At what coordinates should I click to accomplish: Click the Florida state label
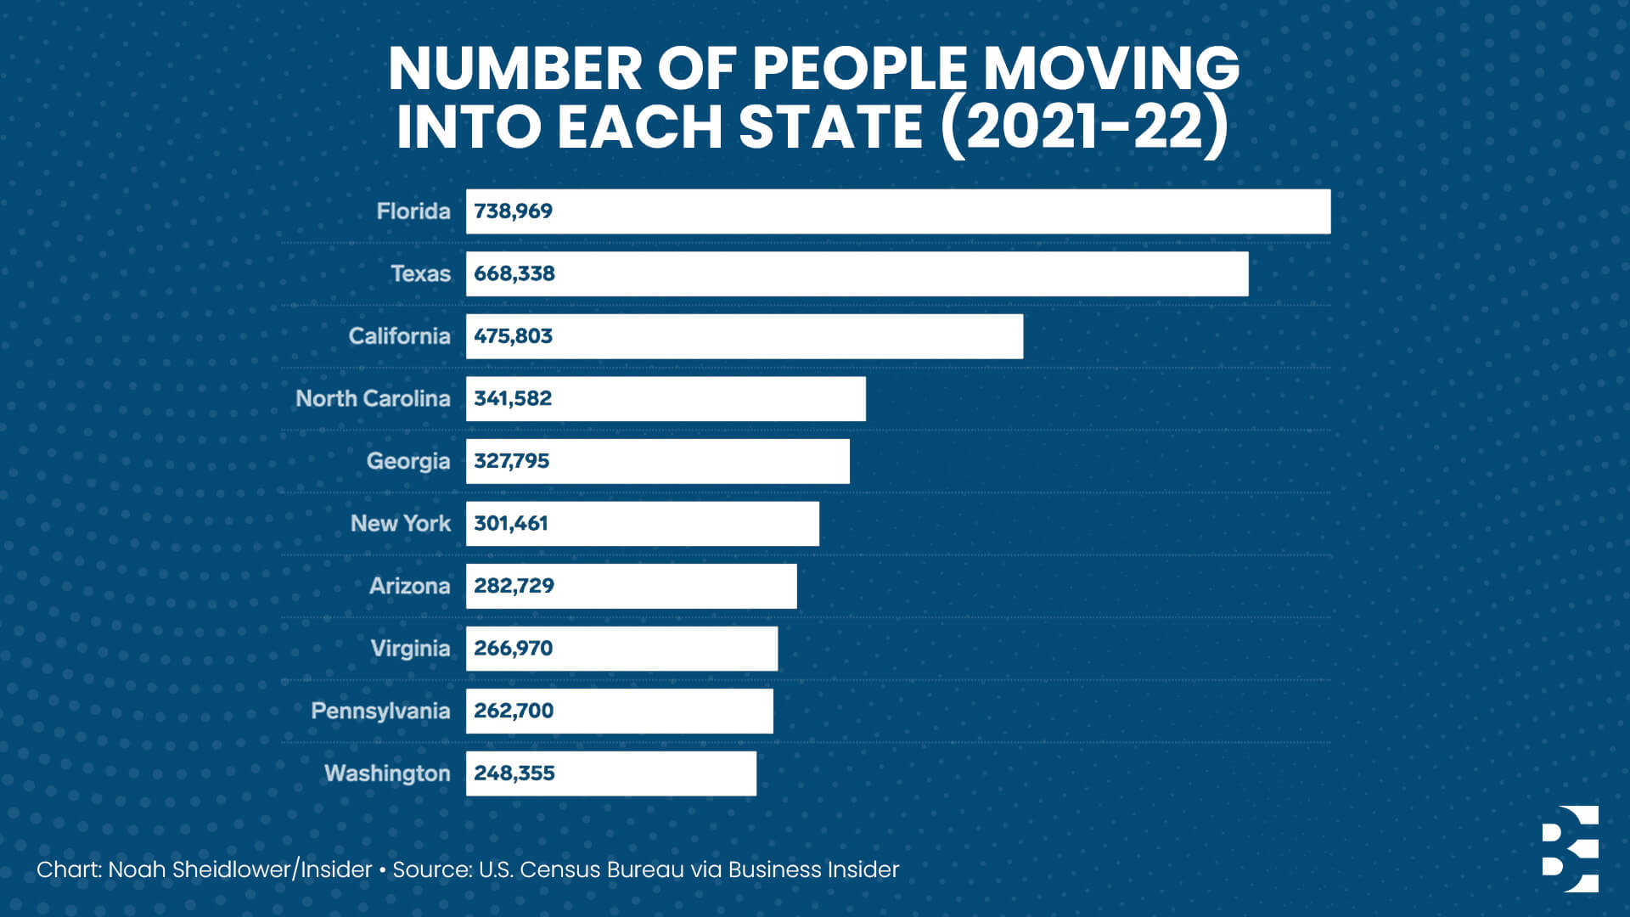click(413, 211)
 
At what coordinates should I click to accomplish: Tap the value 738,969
click(513, 211)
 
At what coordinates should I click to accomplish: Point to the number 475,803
click(513, 336)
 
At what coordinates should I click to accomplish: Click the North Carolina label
click(373, 399)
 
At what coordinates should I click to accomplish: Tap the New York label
click(401, 524)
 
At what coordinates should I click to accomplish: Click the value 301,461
click(511, 524)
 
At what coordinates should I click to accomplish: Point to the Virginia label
click(410, 649)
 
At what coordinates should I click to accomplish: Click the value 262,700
click(514, 711)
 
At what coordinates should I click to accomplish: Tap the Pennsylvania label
click(380, 711)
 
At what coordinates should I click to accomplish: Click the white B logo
click(1570, 849)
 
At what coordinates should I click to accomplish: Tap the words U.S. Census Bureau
click(581, 870)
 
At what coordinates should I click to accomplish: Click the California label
click(399, 336)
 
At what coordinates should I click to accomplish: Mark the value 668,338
click(514, 274)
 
